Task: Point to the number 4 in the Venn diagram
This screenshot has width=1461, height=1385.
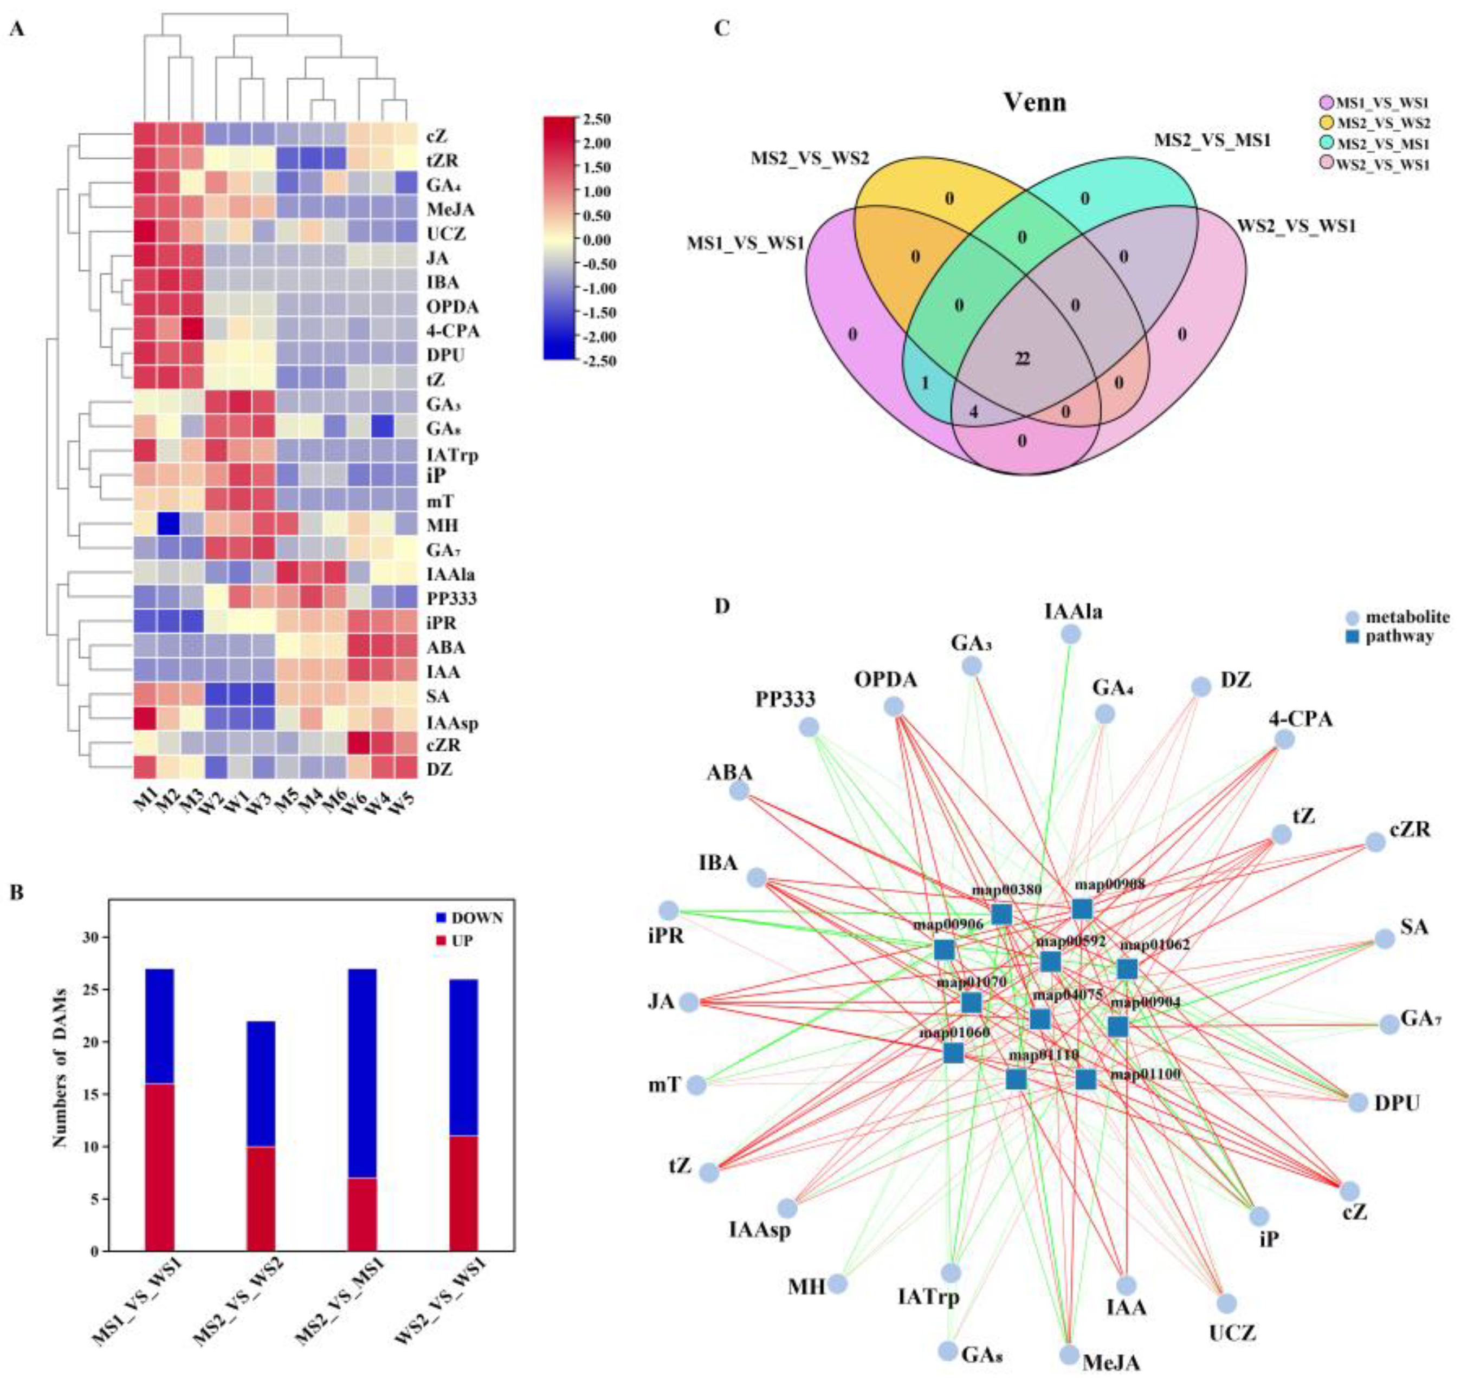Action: pos(973,412)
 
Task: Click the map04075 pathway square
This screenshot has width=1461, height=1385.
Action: pos(1039,1019)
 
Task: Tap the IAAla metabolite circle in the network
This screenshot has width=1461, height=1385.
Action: pos(1070,633)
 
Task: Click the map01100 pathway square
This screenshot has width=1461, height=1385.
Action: pos(1085,1080)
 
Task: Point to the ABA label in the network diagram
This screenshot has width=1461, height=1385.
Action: pos(729,772)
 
